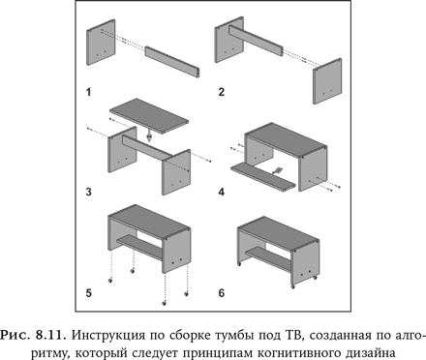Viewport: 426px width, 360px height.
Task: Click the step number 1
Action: (x=88, y=92)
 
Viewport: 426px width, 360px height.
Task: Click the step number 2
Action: (x=221, y=92)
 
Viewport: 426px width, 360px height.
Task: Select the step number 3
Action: (x=88, y=192)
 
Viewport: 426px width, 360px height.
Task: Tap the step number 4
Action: (x=222, y=192)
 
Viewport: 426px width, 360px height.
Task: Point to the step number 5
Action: (x=88, y=293)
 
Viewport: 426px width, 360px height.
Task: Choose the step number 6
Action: (x=222, y=293)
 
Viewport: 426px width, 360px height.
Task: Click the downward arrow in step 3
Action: (x=149, y=135)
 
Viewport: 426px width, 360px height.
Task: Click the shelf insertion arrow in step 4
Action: (x=277, y=170)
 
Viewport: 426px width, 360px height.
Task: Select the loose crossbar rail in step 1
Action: (x=172, y=62)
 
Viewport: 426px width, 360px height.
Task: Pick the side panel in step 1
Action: (x=101, y=43)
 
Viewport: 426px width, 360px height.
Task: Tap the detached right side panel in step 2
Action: (x=327, y=81)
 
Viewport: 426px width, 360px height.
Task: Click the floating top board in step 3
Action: (x=149, y=115)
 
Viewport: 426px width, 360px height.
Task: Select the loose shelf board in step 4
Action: (x=263, y=176)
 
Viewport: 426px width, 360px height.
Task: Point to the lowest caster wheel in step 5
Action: (x=164, y=303)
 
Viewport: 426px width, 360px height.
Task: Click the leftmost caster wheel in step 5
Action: (x=110, y=281)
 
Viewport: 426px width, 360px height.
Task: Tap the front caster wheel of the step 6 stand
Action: (x=292, y=286)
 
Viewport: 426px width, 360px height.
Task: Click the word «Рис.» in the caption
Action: (x=16, y=336)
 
